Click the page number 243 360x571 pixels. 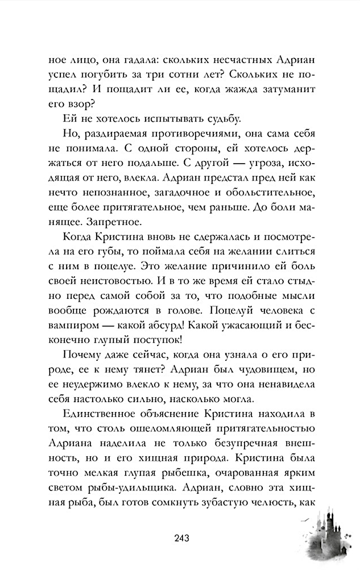point(181,538)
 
